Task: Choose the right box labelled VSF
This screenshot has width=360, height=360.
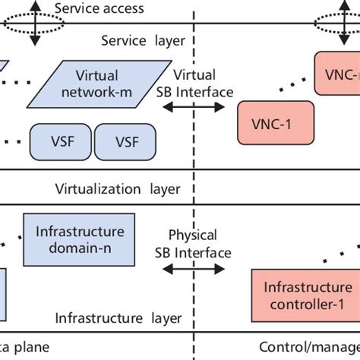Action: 124,141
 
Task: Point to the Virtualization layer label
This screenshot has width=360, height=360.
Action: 118,188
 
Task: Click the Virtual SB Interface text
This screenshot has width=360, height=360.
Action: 195,83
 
